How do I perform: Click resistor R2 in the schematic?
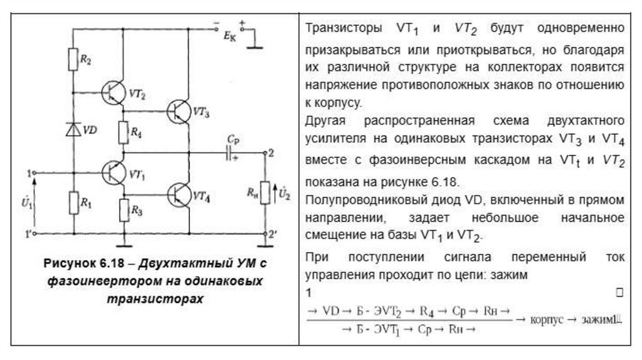coord(74,60)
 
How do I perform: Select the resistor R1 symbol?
coord(74,202)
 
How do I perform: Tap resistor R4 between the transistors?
coord(124,132)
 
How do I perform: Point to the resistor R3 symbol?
coord(124,211)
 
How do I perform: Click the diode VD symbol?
coord(74,130)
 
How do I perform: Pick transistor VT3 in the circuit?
coord(181,111)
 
